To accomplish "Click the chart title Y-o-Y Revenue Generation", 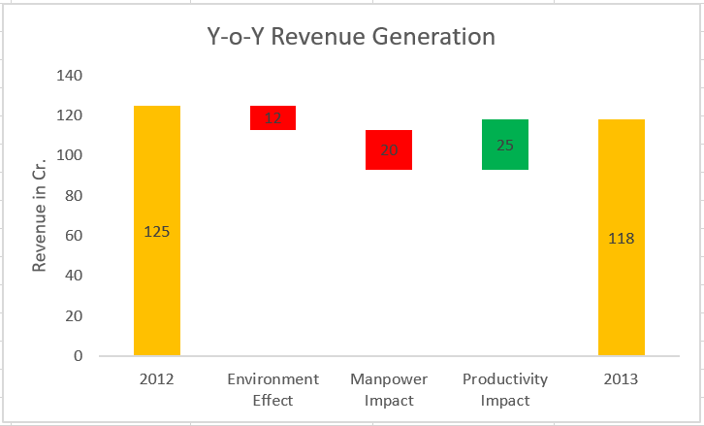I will click(x=351, y=38).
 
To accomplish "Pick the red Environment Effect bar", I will click(x=272, y=117).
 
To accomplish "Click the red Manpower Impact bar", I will click(x=389, y=149).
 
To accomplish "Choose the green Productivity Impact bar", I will click(x=505, y=145).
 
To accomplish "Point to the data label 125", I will click(x=157, y=232).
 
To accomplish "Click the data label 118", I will click(x=622, y=238).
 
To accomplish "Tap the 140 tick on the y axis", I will click(x=71, y=76).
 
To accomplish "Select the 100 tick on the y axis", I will click(x=71, y=155).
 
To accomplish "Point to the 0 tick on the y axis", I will click(x=79, y=356).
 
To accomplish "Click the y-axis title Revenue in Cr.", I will click(x=40, y=215).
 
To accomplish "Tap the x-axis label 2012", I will click(x=157, y=378).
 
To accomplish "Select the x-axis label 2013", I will click(x=622, y=378).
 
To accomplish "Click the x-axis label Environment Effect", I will click(x=272, y=388).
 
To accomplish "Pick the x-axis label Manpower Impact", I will click(x=389, y=388).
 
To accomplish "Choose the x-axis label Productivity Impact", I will click(x=505, y=388).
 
